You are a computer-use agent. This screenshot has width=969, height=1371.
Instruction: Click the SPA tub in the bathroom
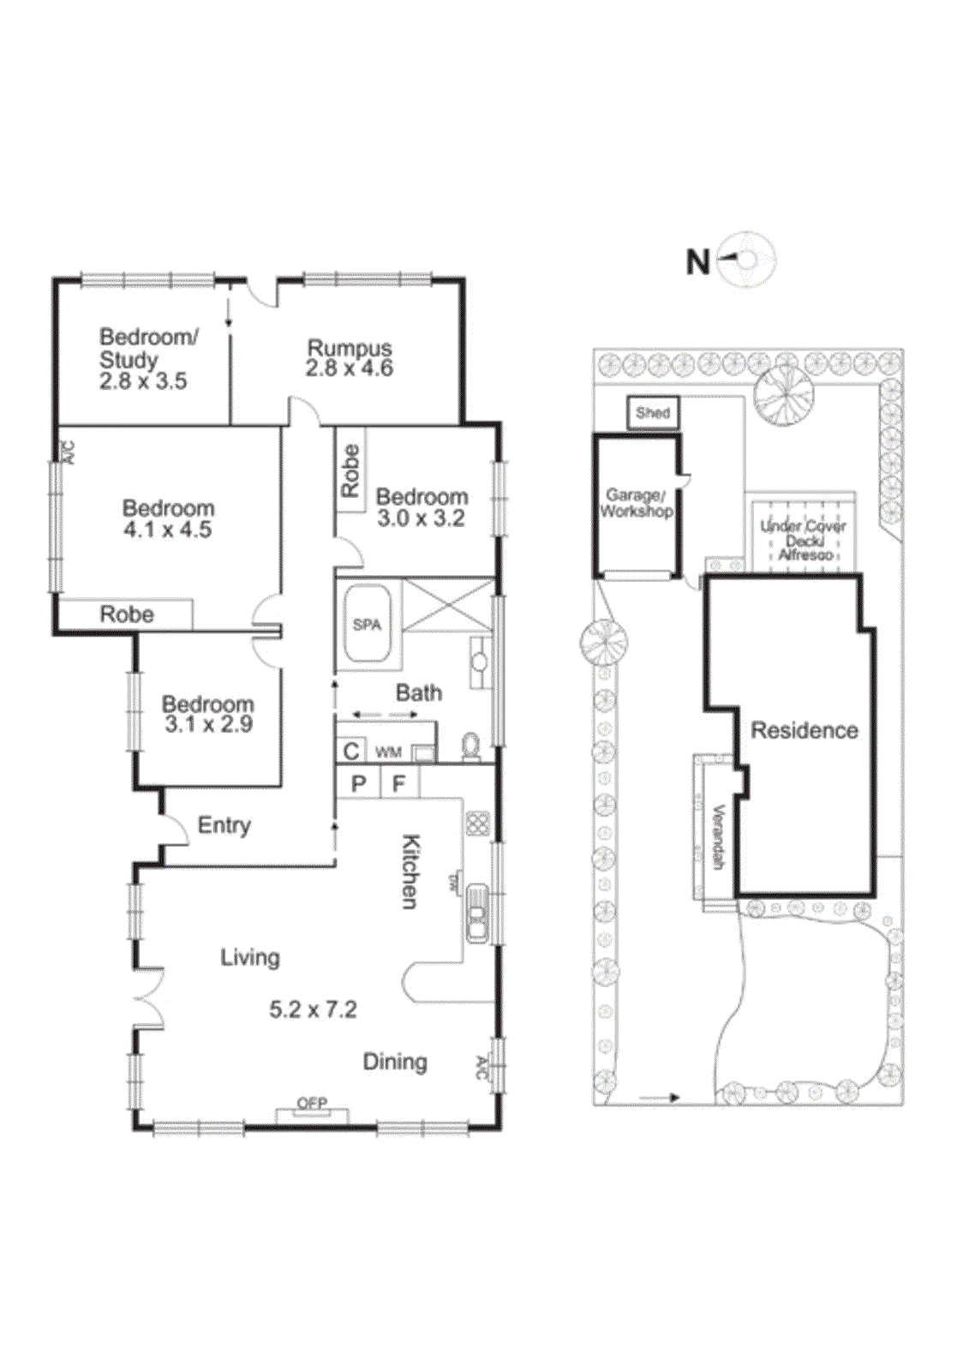point(368,625)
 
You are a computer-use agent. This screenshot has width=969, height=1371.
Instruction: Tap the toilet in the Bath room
point(471,747)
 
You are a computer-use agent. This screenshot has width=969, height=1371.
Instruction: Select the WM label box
point(388,752)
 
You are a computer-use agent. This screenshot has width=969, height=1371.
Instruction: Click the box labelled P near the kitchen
point(358,783)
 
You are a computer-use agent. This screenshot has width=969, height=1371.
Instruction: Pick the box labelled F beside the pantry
point(398,783)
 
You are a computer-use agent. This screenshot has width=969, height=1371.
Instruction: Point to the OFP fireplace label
point(312,1104)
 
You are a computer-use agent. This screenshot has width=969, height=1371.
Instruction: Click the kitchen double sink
point(476,913)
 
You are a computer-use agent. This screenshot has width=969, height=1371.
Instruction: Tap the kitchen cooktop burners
point(477,823)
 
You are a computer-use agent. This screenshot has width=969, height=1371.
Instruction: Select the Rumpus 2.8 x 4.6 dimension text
point(350,369)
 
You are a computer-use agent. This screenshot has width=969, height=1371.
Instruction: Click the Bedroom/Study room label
point(147,349)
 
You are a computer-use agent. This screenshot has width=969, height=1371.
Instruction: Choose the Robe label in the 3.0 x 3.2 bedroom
point(350,470)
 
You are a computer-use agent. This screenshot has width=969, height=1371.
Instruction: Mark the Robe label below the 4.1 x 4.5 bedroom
point(127,614)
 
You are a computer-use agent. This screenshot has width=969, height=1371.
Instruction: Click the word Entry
point(224,825)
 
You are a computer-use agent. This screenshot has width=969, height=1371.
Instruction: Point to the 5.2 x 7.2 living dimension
point(313,1009)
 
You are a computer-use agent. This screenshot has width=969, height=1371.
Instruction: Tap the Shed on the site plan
point(653,412)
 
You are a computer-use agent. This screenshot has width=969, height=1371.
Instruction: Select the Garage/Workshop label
point(636,503)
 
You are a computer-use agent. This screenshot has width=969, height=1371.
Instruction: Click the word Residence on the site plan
point(804,731)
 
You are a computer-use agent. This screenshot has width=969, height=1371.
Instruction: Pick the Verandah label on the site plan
point(718,836)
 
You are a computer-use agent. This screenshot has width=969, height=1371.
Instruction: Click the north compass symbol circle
point(747,258)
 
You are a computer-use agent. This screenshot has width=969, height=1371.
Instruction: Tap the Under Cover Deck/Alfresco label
point(803,540)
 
